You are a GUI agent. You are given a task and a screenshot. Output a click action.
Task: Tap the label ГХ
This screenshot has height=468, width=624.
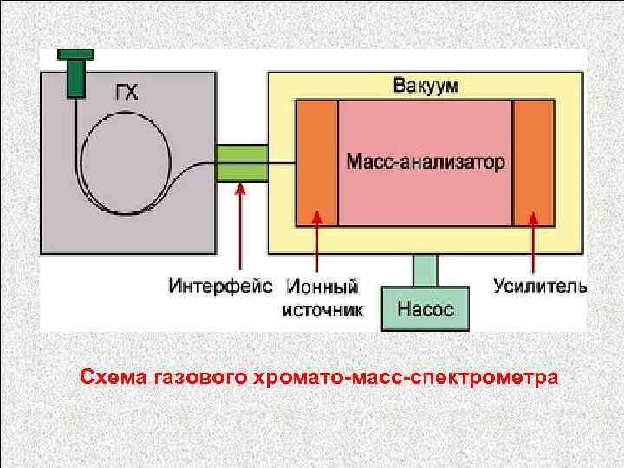pos(127,92)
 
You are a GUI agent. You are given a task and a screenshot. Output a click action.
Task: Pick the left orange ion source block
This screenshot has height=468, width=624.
pos(317,163)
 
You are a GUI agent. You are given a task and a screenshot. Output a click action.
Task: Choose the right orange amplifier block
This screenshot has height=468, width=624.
pos(532,163)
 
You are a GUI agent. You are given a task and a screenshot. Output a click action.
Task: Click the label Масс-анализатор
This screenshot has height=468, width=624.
pos(425,162)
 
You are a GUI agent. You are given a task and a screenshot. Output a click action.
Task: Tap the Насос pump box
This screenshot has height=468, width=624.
pos(425,309)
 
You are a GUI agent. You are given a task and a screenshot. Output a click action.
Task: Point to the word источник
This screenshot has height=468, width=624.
pos(322,309)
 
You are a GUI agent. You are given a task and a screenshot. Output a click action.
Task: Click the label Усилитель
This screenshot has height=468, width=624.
pos(540,285)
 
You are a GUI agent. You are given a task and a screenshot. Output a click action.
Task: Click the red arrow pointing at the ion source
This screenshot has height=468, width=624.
pos(318,247)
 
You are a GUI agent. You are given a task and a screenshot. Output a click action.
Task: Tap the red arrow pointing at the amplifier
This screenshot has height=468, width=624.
pos(532,247)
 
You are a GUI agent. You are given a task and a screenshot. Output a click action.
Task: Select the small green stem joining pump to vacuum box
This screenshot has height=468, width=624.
pos(425,271)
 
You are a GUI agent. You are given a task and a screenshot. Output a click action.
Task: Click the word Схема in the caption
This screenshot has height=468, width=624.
pos(113,378)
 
